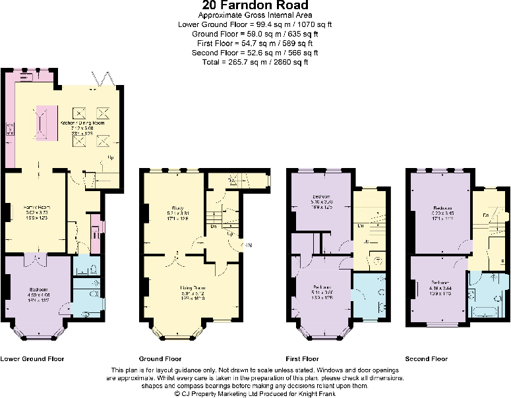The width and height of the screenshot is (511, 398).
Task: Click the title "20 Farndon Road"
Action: coord(255,6)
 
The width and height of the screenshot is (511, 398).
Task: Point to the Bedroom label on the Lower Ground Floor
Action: coord(38,289)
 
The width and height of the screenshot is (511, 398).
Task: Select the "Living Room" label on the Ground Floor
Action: coord(193,288)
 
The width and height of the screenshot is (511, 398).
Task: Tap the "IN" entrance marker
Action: coord(247,246)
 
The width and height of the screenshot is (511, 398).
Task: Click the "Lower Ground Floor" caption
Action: coord(32,359)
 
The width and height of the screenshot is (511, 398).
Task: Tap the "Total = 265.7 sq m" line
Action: coord(255,62)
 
